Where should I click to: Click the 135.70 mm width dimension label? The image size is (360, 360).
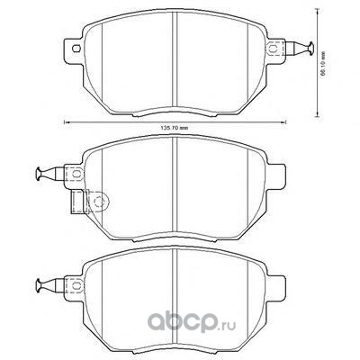(175, 128)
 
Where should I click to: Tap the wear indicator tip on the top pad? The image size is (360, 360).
(310, 49)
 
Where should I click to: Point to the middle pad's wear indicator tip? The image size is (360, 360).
(40, 175)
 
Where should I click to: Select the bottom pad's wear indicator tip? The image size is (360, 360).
(40, 284)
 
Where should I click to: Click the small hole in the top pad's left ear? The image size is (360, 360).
(76, 49)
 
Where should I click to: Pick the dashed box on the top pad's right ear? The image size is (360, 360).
(275, 49)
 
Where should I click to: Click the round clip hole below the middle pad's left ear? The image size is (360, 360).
(98, 202)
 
